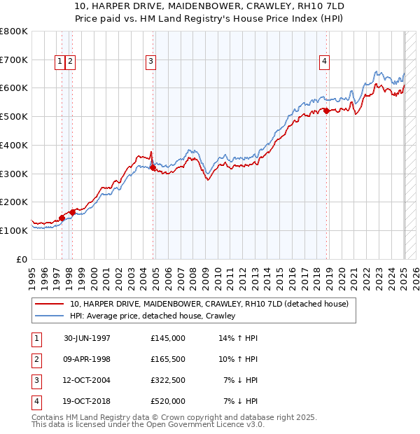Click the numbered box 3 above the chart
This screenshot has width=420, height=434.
150,62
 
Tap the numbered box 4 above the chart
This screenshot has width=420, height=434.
324,62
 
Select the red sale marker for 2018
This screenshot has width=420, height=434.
326,111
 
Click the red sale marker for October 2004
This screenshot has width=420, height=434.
153,167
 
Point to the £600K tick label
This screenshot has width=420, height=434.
14,88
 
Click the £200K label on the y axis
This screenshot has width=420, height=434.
14,202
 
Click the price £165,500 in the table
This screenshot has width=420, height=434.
167,359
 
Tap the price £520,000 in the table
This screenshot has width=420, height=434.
167,401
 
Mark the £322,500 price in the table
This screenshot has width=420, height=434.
167,380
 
